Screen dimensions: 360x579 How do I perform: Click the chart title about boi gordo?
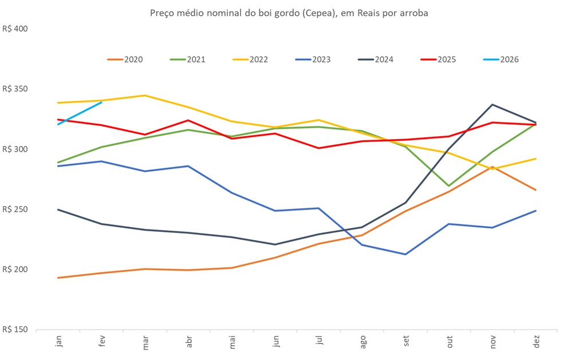click(x=289, y=12)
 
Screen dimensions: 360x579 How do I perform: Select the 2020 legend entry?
click(x=125, y=59)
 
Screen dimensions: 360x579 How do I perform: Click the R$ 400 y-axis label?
click(x=15, y=29)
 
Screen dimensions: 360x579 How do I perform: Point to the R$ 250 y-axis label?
click(x=15, y=209)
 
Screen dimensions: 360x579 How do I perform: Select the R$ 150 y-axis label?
click(x=15, y=330)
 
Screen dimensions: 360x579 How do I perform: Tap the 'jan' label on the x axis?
click(x=58, y=342)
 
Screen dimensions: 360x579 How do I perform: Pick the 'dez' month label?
click(x=535, y=342)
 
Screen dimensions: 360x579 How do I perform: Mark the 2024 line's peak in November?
click(x=492, y=104)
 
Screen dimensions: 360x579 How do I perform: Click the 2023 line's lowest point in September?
click(x=405, y=254)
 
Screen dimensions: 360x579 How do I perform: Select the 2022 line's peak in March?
click(x=145, y=95)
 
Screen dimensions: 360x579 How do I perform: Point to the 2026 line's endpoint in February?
click(x=101, y=102)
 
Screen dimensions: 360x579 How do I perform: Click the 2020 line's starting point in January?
click(x=58, y=278)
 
